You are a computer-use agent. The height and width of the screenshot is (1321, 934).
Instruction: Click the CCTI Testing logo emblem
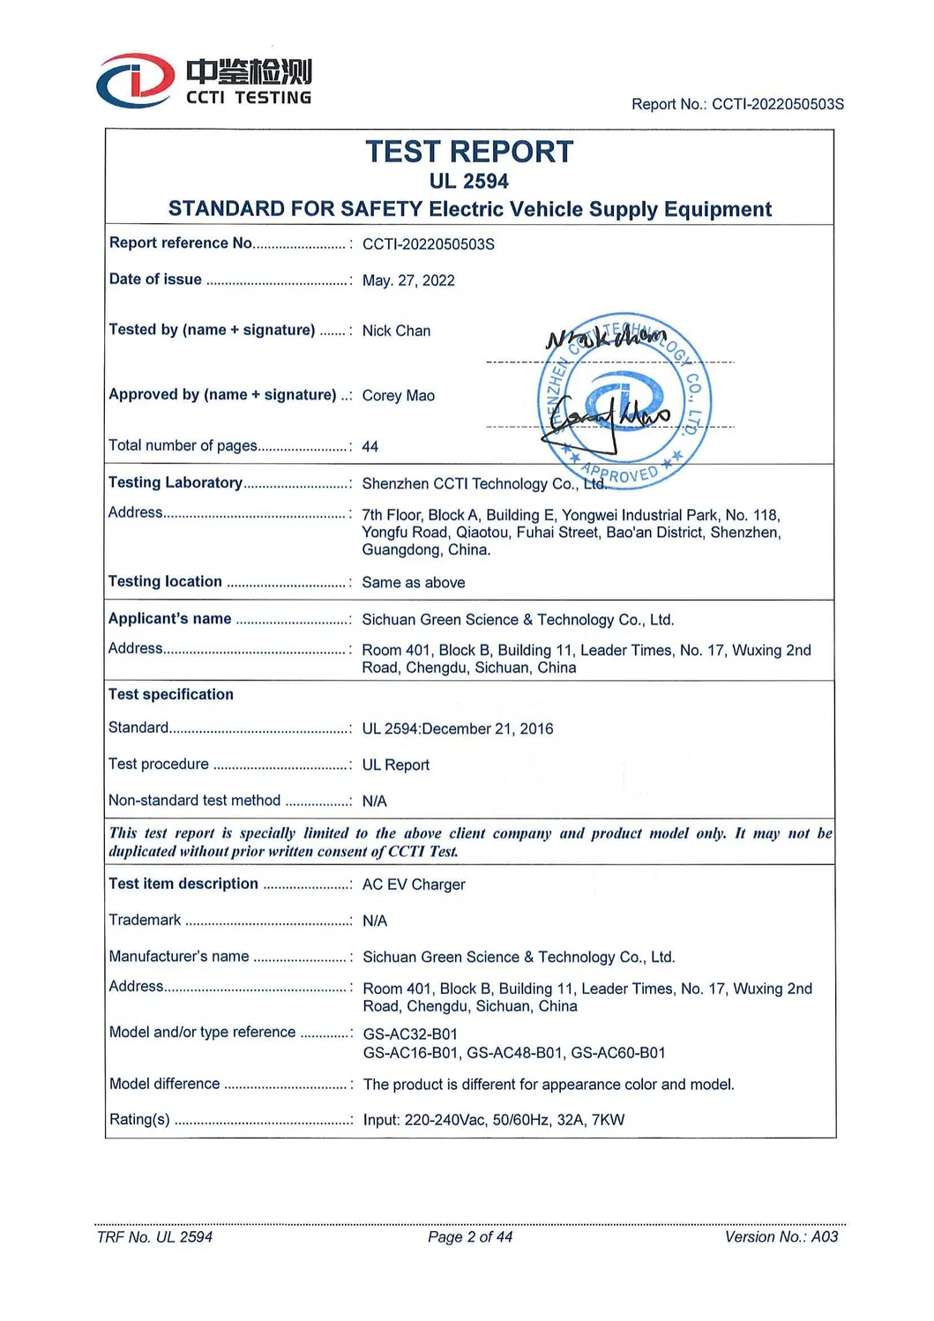(x=135, y=81)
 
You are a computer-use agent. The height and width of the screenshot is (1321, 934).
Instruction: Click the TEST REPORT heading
(x=469, y=153)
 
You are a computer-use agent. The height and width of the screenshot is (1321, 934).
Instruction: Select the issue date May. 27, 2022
(x=408, y=280)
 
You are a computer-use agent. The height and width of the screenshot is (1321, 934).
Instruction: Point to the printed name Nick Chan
(x=396, y=331)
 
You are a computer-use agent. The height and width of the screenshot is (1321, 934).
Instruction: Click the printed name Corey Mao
(x=398, y=396)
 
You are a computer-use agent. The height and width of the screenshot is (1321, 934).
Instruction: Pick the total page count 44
(x=370, y=447)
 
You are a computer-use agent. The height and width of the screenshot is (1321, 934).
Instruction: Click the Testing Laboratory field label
(x=175, y=482)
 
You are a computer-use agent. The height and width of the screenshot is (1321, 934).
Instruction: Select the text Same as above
(x=413, y=583)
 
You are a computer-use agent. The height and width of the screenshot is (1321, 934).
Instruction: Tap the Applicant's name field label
(x=169, y=619)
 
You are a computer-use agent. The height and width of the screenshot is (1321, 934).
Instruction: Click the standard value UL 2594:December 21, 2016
(x=457, y=729)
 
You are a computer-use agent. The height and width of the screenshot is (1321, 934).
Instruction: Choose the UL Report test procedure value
(x=395, y=765)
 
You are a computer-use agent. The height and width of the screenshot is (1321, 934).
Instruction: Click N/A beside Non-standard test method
(x=374, y=802)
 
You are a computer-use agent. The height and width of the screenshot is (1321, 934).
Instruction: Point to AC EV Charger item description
(x=413, y=884)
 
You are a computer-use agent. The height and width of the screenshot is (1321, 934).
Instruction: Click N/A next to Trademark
(x=374, y=921)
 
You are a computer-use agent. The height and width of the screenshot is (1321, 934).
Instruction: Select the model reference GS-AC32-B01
(x=409, y=1034)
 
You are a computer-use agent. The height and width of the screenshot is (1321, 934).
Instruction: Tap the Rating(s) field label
(x=138, y=1119)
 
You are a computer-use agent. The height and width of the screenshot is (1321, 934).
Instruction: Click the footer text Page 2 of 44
(x=469, y=1237)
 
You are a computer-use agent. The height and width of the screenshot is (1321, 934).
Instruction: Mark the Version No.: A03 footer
(x=781, y=1237)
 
